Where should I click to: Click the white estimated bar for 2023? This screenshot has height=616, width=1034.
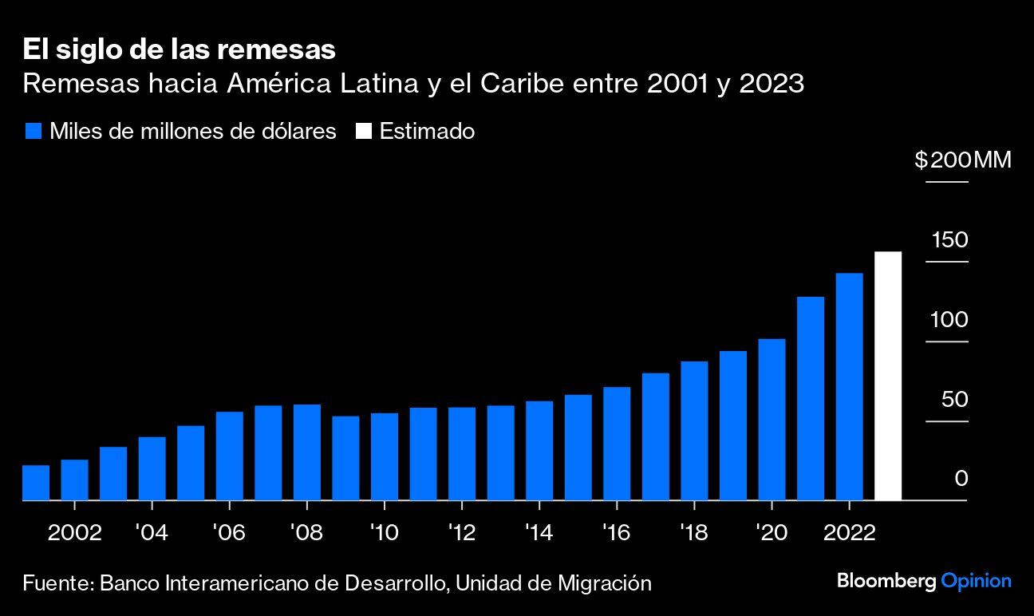(x=888, y=376)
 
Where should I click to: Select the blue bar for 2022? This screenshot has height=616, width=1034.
(x=849, y=387)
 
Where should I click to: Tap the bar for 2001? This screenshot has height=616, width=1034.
(x=36, y=483)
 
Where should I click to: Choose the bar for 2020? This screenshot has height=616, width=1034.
(x=772, y=420)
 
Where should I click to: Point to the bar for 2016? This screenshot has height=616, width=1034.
(x=617, y=444)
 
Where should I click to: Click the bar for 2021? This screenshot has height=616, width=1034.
(x=811, y=398)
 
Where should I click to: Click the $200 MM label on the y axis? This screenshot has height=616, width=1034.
(x=962, y=160)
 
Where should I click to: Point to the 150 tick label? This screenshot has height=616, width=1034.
(x=949, y=240)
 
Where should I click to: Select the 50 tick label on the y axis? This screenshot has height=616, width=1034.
(x=954, y=399)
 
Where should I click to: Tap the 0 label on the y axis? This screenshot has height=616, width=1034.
(x=961, y=479)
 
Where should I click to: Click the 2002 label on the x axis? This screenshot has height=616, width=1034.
(x=75, y=532)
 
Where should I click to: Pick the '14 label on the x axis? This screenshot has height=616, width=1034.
(x=539, y=532)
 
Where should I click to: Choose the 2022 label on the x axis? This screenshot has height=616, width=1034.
(x=849, y=532)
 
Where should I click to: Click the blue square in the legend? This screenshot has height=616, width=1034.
(x=33, y=132)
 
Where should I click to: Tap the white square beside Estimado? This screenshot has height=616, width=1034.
(x=363, y=132)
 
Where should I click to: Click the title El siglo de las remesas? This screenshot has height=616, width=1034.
(x=179, y=50)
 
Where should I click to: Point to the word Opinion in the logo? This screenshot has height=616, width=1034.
(x=977, y=581)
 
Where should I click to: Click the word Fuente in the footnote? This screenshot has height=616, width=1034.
(x=56, y=583)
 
